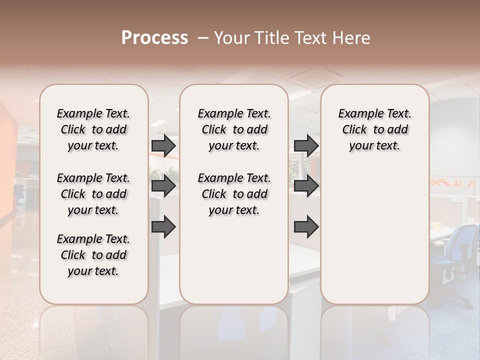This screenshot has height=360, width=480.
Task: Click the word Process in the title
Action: [154, 37]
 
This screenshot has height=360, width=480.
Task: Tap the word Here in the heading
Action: [352, 38]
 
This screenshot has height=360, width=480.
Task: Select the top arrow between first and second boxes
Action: [163, 145]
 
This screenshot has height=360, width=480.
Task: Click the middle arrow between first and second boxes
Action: [163, 186]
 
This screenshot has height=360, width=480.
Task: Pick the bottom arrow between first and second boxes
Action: [163, 227]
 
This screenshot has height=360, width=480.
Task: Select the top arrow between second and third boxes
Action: [306, 145]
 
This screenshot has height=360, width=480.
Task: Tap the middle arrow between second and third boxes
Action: [306, 186]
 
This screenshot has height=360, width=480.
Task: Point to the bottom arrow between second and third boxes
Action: [306, 227]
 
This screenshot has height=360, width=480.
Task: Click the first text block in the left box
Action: [93, 129]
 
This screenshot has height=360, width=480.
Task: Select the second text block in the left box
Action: [93, 194]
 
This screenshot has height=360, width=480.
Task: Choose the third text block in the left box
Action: [93, 255]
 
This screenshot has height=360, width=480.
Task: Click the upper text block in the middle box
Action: [234, 129]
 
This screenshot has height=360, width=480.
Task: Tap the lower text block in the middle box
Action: [234, 194]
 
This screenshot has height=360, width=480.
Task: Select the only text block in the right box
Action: [374, 129]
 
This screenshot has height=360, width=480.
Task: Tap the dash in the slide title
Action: [202, 38]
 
